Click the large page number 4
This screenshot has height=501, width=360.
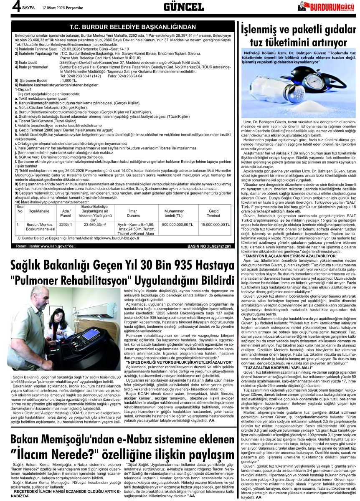(x=5, y=7)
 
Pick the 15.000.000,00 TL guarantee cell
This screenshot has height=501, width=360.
(x=215, y=224)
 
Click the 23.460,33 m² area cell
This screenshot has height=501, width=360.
(x=94, y=224)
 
